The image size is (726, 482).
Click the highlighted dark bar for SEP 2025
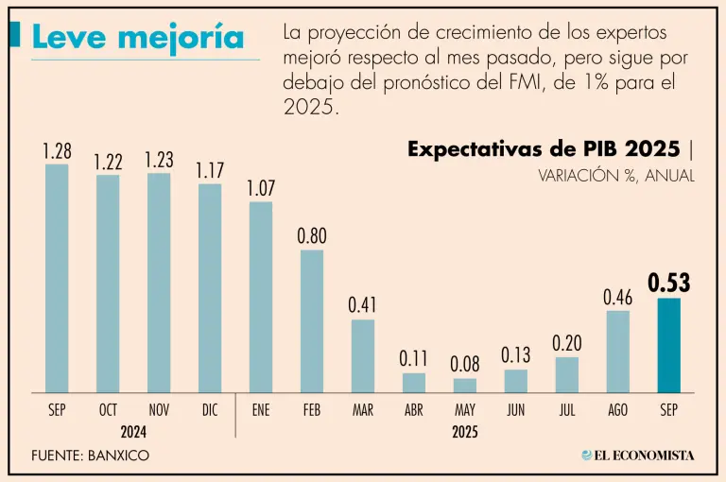tap(668, 345)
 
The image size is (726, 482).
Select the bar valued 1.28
tap(57, 279)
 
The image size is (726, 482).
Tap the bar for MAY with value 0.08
tap(464, 386)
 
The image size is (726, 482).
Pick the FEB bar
tap(312, 321)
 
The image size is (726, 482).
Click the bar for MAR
tap(363, 356)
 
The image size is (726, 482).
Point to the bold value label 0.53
tap(668, 283)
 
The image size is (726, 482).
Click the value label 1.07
tap(261, 188)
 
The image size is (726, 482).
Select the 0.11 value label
tap(414, 359)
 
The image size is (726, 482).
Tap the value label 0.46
tap(617, 298)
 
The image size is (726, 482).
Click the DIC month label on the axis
tap(209, 410)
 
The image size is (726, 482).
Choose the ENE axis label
tap(261, 410)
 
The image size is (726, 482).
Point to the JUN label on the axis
tap(515, 410)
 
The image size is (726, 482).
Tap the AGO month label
tap(617, 410)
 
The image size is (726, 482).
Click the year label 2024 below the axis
tap(133, 431)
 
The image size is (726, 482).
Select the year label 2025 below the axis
tap(464, 431)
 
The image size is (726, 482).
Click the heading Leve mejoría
tap(138, 37)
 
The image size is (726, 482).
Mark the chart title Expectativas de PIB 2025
tap(543, 149)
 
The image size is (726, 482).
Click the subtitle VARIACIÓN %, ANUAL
tap(616, 176)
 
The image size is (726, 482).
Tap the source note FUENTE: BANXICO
tap(91, 456)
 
